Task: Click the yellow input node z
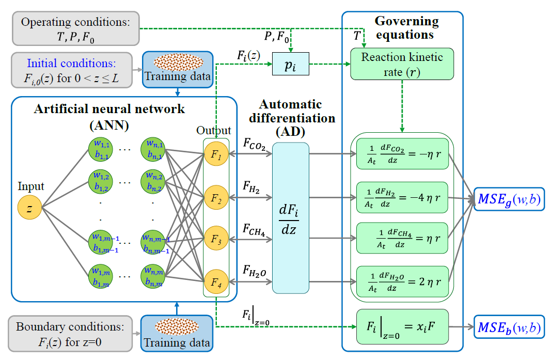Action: click(29, 208)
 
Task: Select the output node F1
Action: click(215, 155)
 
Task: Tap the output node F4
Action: click(215, 283)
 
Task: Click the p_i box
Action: click(290, 64)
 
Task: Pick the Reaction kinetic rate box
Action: click(402, 64)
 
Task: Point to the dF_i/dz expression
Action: click(290, 218)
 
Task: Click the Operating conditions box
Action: click(76, 28)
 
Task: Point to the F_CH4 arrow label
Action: click(254, 230)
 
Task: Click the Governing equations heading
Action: click(406, 28)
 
